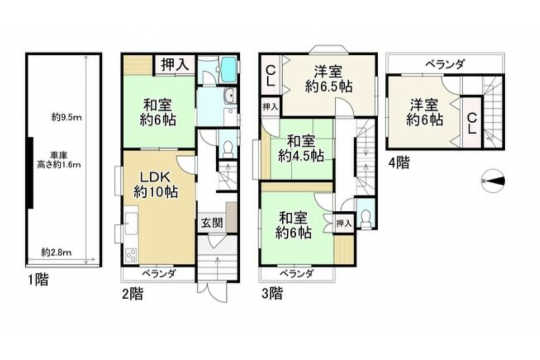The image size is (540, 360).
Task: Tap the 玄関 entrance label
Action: (x=212, y=223)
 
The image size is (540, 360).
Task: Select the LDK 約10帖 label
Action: (x=156, y=185)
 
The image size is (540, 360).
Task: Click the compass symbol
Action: (x=493, y=181)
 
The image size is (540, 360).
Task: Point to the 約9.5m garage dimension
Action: (x=66, y=118)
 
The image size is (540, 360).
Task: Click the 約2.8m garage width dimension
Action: (x=56, y=253)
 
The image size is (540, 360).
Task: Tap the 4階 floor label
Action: (x=399, y=163)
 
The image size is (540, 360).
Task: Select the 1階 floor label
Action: (x=39, y=280)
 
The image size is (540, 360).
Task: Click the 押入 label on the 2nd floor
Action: (x=175, y=65)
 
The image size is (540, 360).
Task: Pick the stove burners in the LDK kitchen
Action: (x=131, y=255)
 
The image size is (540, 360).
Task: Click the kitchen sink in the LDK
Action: (x=131, y=223)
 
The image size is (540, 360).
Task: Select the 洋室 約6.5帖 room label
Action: (x=329, y=79)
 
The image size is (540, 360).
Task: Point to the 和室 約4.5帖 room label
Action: (x=301, y=148)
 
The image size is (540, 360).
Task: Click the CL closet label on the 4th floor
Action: (x=472, y=124)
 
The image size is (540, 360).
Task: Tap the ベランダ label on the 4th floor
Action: (x=445, y=64)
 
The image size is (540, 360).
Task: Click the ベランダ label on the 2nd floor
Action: (x=159, y=274)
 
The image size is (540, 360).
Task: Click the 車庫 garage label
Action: (x=59, y=155)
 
